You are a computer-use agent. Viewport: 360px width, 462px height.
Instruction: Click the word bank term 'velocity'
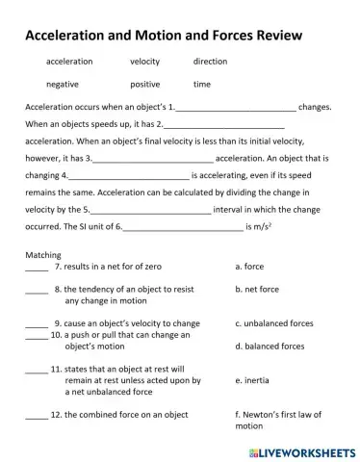click(x=144, y=62)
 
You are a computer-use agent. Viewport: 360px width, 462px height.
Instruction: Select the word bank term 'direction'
click(x=210, y=62)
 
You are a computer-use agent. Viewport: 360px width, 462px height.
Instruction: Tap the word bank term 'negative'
click(x=63, y=84)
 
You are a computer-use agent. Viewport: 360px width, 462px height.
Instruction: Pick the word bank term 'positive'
click(x=144, y=84)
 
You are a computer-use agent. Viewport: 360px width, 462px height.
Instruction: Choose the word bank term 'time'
click(x=201, y=84)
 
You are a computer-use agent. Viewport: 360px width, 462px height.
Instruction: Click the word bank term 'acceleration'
click(x=69, y=62)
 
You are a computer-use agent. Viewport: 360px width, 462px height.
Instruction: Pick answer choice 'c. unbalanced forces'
click(x=274, y=323)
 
